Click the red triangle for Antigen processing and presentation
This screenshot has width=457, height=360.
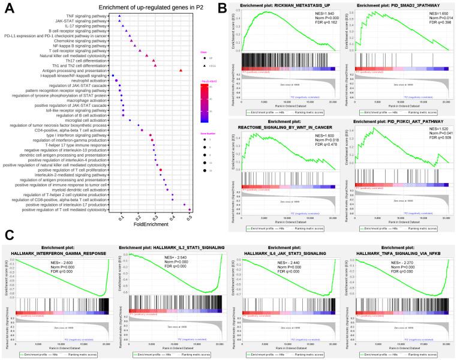click(181, 71)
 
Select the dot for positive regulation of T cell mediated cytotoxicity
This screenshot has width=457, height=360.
click(190, 209)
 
